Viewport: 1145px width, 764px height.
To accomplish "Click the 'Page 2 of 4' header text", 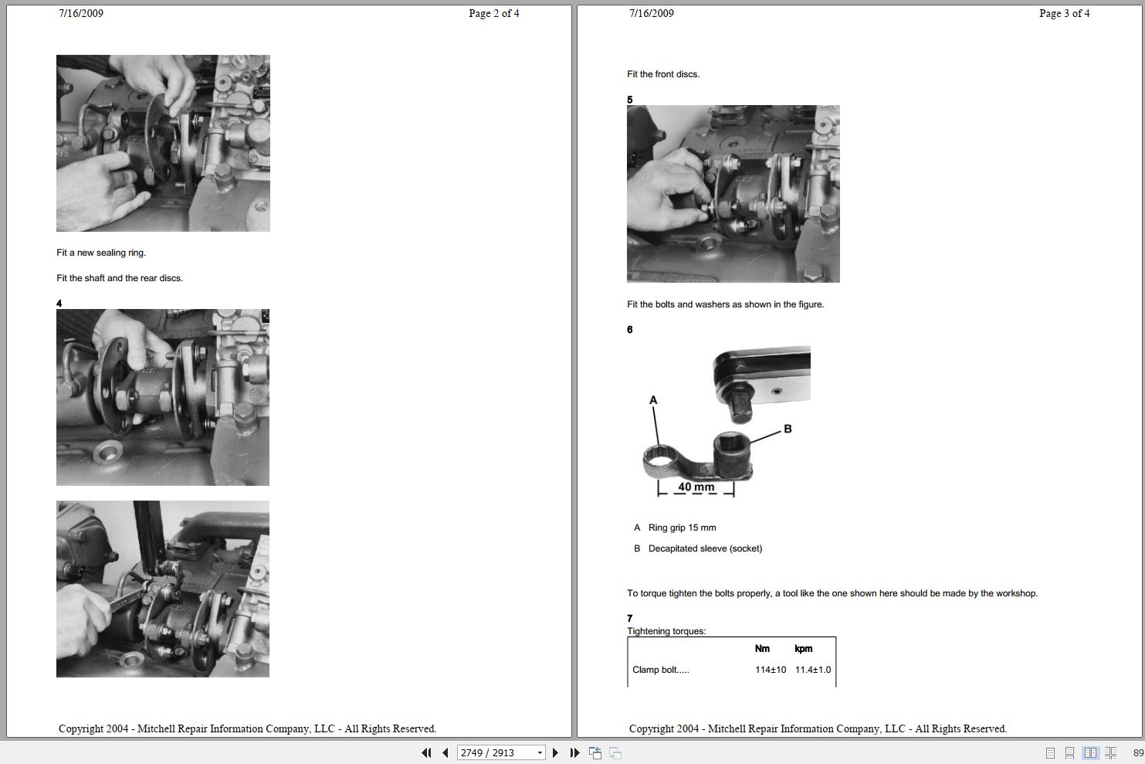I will pos(493,13).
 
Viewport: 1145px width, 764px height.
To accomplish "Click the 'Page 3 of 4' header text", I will pos(1064,13).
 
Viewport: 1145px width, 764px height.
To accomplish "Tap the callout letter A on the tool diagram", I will pos(653,400).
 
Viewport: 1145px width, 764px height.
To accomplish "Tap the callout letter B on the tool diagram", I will pos(788,429).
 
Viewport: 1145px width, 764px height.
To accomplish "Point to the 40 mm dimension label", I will pos(696,487).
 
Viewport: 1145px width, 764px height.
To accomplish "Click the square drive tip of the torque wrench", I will pos(740,408).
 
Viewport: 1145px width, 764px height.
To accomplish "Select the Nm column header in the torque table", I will pos(762,649).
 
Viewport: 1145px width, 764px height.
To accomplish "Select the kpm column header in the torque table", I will pos(803,649).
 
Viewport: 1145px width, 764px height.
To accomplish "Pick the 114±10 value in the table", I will pos(770,670).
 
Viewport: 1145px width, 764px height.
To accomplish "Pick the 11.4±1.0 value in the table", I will pos(813,670).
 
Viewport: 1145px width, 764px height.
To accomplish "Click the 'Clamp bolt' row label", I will pos(660,670).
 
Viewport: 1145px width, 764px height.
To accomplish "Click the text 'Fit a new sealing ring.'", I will pos(101,253).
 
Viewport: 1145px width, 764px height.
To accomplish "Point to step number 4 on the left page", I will pos(59,304).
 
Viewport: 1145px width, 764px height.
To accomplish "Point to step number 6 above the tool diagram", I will pos(630,330).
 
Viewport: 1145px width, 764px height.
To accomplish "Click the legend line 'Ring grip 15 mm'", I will pos(682,528).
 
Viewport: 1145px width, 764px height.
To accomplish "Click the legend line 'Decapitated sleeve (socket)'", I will pos(705,548).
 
